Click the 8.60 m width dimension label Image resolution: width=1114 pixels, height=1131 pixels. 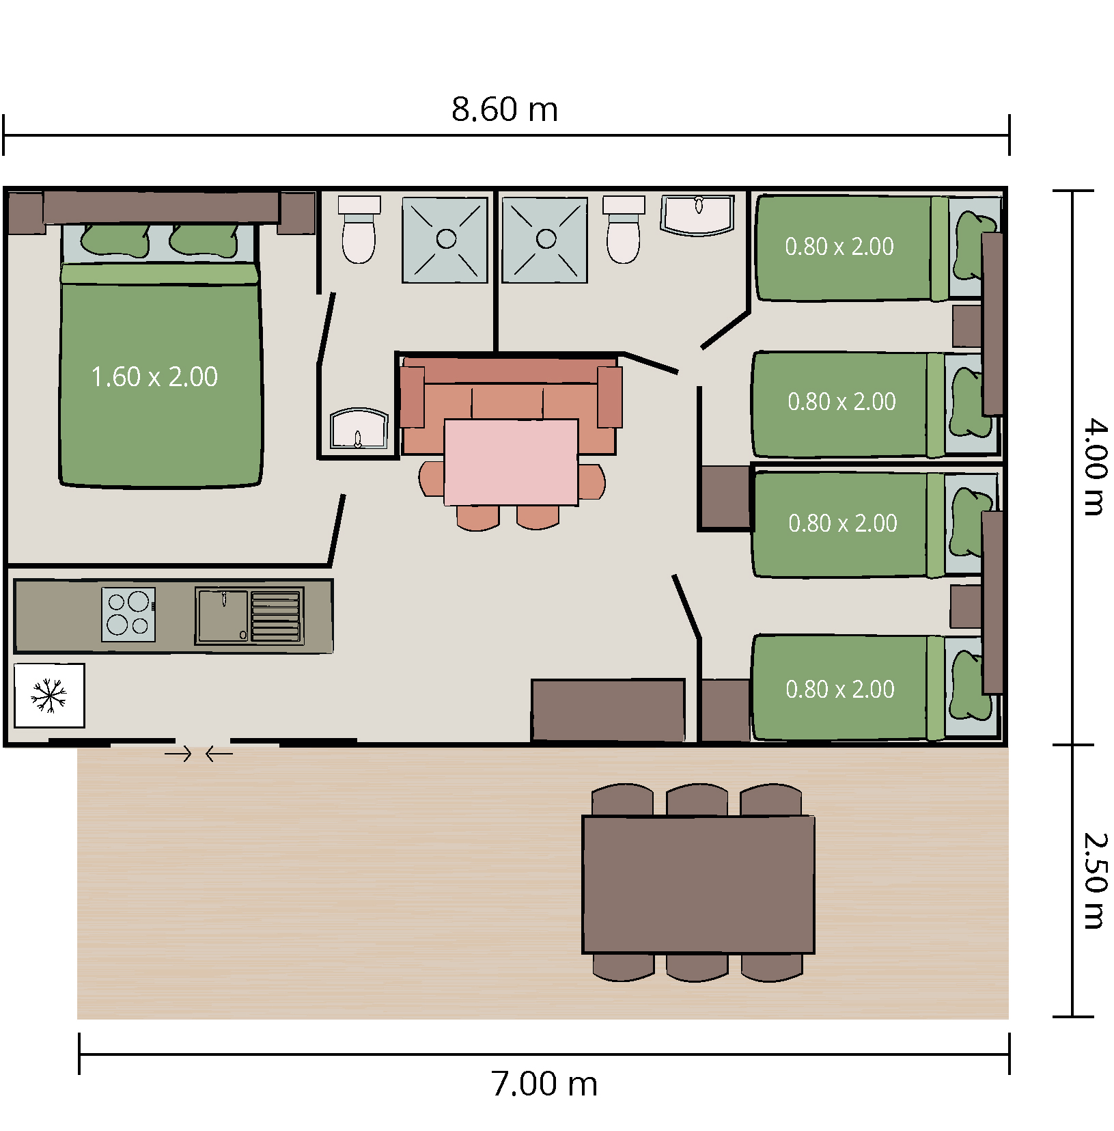(x=505, y=109)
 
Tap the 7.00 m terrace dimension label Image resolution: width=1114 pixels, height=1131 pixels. (x=544, y=1084)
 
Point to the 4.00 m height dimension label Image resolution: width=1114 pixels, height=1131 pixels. (x=1095, y=467)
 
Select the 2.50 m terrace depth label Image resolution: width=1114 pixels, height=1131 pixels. (x=1095, y=882)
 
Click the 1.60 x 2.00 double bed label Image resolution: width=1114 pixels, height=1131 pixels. (x=154, y=377)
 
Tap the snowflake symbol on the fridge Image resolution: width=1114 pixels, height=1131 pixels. (x=49, y=696)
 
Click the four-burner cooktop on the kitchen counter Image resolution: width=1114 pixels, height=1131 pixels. (x=128, y=614)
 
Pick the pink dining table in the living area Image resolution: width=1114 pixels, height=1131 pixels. (x=511, y=462)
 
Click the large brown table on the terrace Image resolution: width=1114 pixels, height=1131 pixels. (x=698, y=884)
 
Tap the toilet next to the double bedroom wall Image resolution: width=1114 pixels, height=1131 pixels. (x=359, y=230)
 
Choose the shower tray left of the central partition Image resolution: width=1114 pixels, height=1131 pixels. (x=445, y=240)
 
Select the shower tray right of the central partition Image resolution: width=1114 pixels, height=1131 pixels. (x=545, y=240)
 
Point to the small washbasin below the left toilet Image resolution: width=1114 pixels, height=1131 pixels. (x=359, y=429)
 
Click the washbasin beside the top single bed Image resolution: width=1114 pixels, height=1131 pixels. (x=697, y=215)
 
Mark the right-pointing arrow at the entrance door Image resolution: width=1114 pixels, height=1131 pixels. (x=178, y=754)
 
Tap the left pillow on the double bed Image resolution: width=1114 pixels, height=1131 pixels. (x=115, y=241)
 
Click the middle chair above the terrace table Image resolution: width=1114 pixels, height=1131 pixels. (x=697, y=800)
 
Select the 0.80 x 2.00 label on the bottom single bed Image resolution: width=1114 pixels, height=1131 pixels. (x=840, y=689)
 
